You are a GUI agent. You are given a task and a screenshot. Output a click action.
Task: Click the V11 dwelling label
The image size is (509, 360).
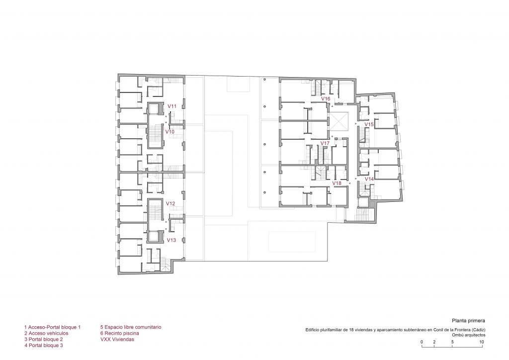click(x=172, y=106)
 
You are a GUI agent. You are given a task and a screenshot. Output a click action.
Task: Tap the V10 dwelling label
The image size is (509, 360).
click(x=170, y=132)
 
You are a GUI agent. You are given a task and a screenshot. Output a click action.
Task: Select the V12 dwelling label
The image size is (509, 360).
click(x=170, y=203)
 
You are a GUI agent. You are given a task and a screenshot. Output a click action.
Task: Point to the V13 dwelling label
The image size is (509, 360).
click(x=171, y=240)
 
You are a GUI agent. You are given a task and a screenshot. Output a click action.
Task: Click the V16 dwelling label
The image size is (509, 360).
click(x=326, y=98)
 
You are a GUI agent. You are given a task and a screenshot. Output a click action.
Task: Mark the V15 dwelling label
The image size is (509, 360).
click(x=369, y=124)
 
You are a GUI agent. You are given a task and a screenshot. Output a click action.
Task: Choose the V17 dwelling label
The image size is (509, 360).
click(x=325, y=143)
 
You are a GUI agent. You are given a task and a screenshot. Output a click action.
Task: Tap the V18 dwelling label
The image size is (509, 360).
click(x=337, y=183)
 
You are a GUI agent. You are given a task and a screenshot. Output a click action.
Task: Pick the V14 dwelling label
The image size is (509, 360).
click(x=369, y=179)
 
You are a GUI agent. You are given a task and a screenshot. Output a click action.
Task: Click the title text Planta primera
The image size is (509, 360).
click(x=468, y=321)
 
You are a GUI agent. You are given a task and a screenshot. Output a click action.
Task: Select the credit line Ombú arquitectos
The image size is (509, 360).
click(x=469, y=335)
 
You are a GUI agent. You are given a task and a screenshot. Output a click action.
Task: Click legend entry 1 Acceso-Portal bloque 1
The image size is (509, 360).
click(x=52, y=327)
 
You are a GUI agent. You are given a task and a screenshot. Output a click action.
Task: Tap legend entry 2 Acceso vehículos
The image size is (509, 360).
click(x=46, y=333)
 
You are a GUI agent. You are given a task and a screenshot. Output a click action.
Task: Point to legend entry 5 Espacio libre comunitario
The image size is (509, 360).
click(x=131, y=327)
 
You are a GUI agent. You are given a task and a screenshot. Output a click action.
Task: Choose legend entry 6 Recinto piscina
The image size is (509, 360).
click(x=120, y=333)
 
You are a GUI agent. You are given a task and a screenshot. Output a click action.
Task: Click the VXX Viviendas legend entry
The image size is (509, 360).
click(x=117, y=339)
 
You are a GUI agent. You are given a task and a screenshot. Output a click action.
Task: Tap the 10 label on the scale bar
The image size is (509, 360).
click(x=482, y=342)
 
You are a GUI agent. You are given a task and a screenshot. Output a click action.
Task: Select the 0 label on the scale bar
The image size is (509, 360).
click(x=422, y=342)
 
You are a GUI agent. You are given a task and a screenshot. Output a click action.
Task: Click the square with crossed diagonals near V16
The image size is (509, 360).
click(x=339, y=121)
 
